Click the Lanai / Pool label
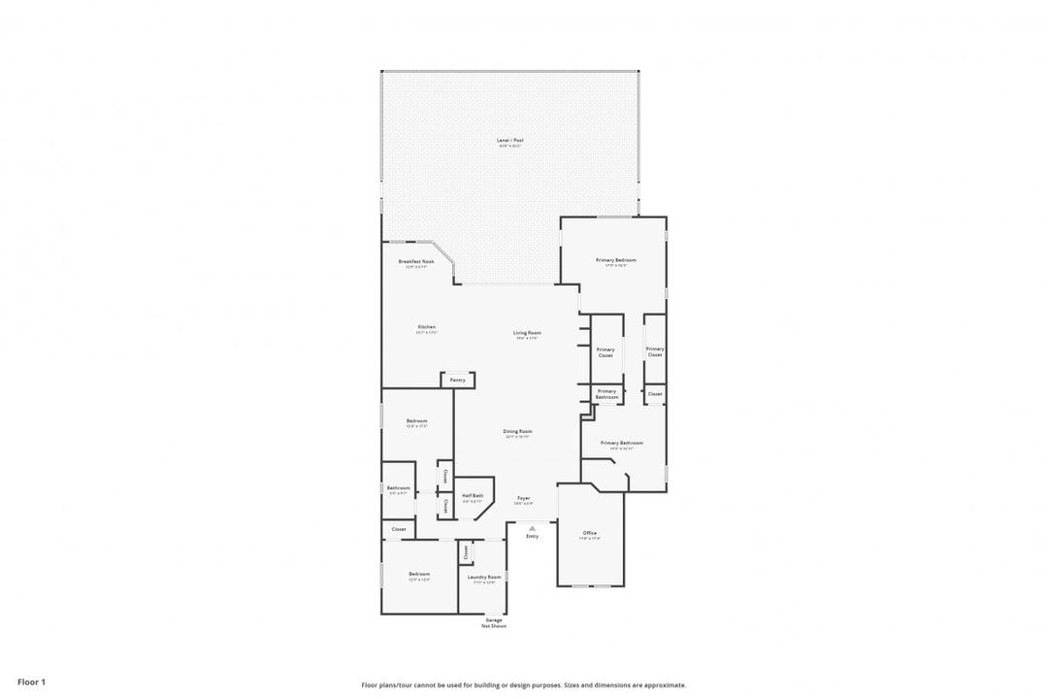coord(509,141)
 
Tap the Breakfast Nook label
coord(415,261)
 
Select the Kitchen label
coord(427,327)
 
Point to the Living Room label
coord(528,333)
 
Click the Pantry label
coord(458,380)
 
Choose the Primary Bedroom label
coord(616,260)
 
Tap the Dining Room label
coord(518,431)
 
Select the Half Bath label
coord(473,495)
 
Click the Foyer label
coord(523,498)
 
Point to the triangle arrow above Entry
coord(532,528)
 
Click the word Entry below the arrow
coord(532,536)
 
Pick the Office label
coord(589,533)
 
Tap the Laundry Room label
coord(484,577)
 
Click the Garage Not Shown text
coord(494,622)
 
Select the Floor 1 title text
coord(31,682)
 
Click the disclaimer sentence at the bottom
coord(523,684)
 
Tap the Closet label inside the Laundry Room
coord(466,551)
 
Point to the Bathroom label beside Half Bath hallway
coord(399,487)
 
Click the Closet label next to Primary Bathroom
coord(655,393)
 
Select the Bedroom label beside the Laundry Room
coord(418,574)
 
